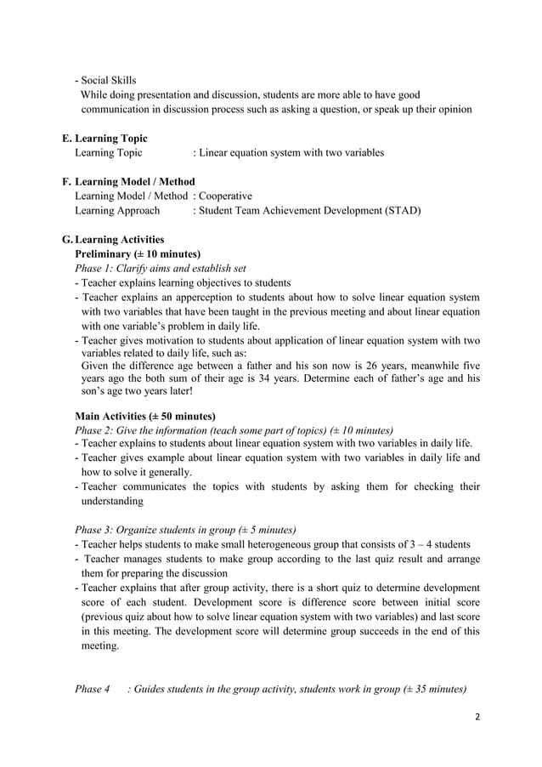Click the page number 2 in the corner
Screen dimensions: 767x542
(x=477, y=717)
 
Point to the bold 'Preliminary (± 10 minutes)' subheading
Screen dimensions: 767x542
(x=138, y=253)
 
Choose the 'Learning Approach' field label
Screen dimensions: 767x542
(x=116, y=210)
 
